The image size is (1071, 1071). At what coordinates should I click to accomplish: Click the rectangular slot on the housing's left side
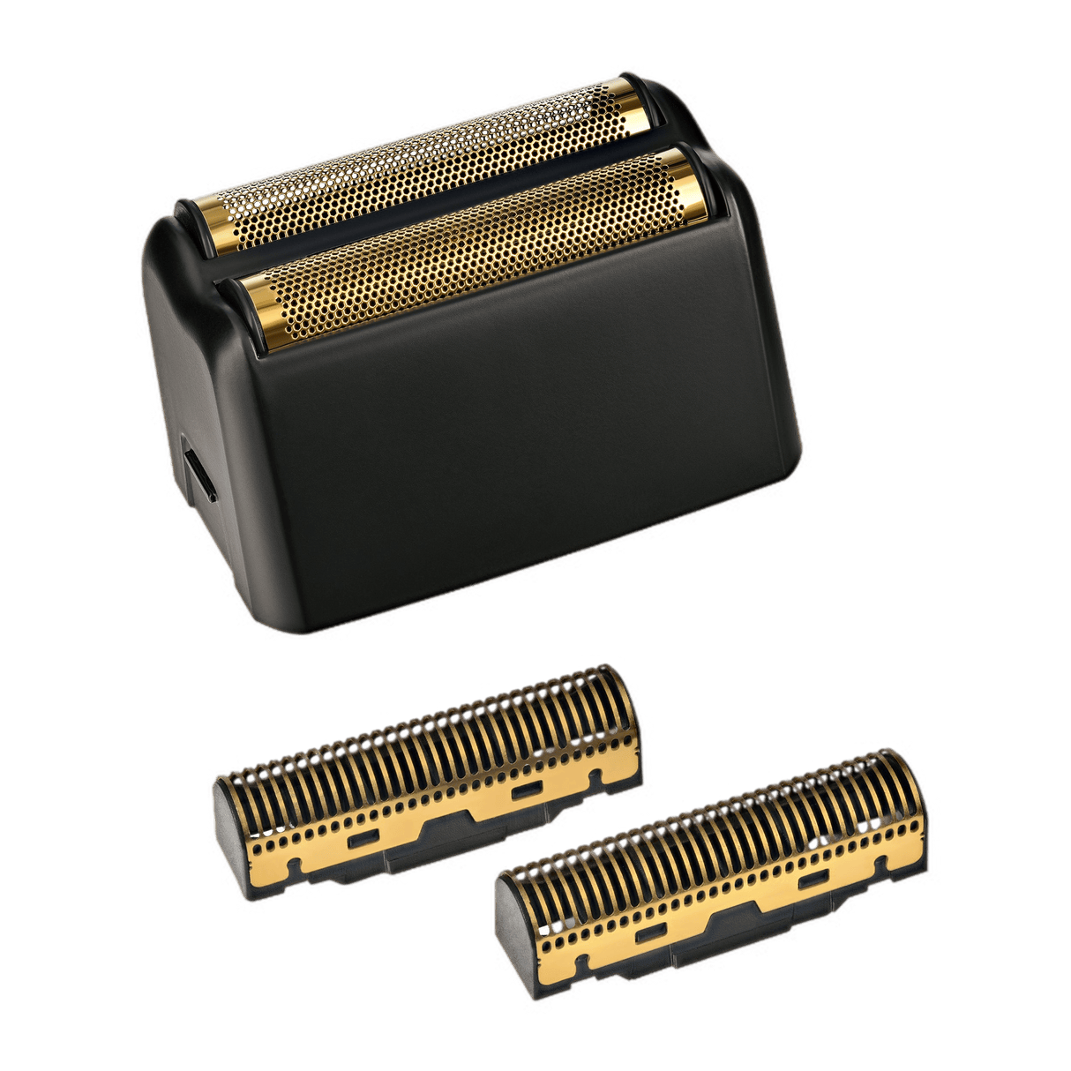point(200,477)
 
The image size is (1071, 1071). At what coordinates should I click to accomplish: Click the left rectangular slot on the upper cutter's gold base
point(363,840)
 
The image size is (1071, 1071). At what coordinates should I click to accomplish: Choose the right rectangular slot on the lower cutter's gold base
point(813,880)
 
